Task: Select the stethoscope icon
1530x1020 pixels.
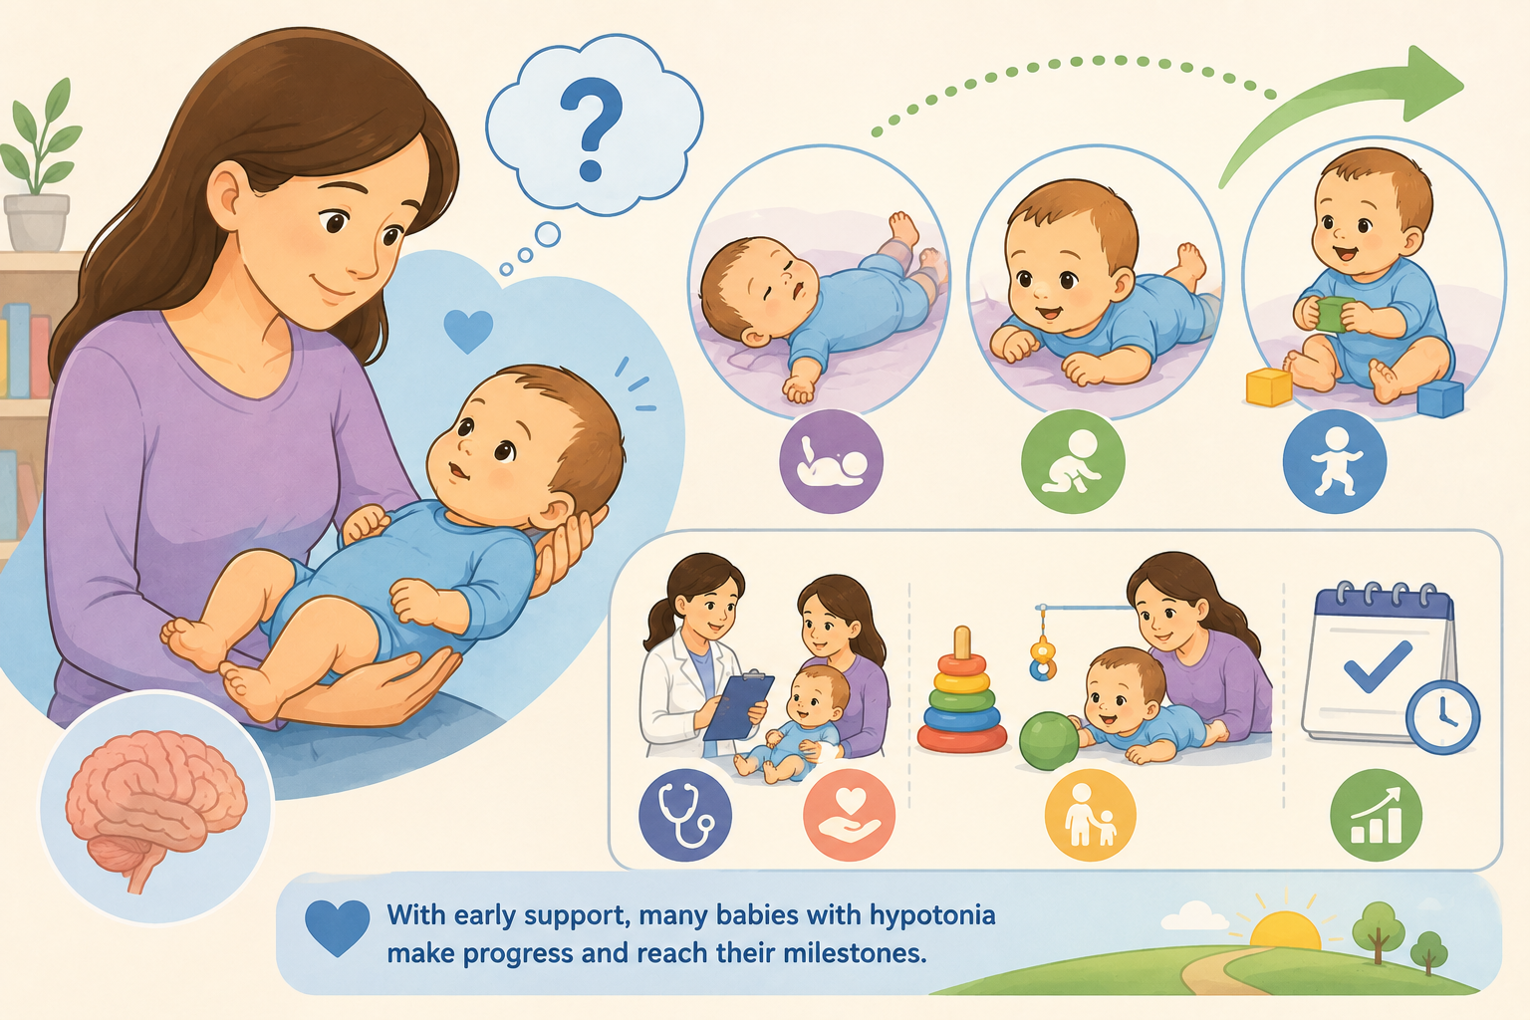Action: tap(685, 815)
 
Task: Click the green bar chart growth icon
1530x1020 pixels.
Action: tap(1376, 815)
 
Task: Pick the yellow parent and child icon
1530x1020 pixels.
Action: tap(1090, 815)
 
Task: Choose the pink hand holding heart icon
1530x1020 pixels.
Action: tap(849, 815)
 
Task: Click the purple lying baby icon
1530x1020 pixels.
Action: tap(832, 462)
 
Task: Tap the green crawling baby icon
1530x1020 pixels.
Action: tap(1073, 462)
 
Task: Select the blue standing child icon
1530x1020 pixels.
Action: tap(1335, 462)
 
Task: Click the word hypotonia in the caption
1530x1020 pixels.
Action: tap(932, 915)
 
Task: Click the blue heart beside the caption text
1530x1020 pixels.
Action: tap(338, 925)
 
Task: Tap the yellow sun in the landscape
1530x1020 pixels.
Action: tap(1285, 930)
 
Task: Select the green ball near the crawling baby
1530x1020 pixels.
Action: tap(1049, 740)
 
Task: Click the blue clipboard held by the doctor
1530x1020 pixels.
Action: tap(738, 706)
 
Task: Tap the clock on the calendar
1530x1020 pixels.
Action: tap(1442, 716)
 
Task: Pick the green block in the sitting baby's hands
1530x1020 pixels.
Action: tap(1334, 315)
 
